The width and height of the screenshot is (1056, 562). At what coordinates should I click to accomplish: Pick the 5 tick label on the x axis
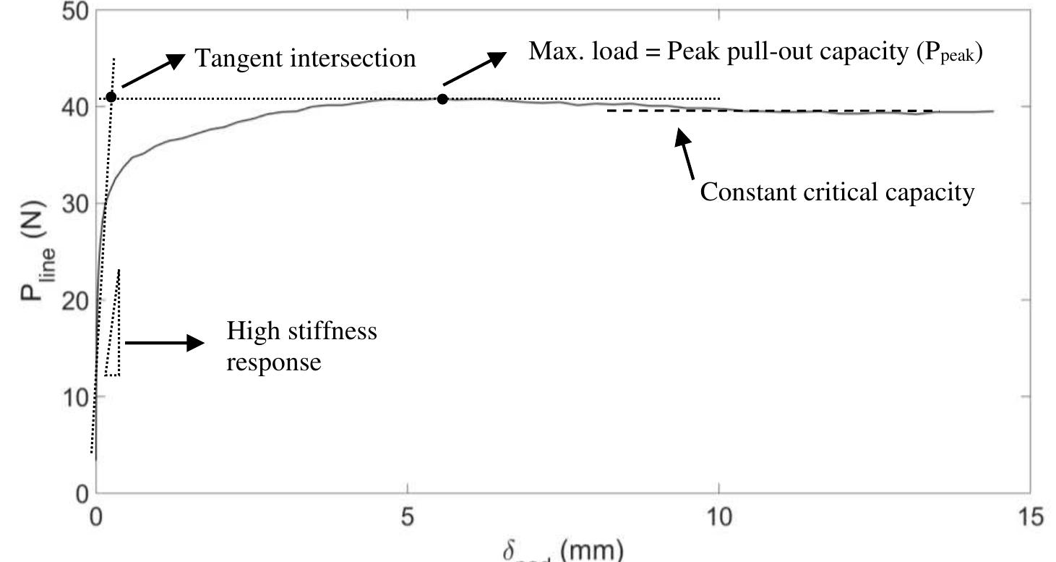(408, 516)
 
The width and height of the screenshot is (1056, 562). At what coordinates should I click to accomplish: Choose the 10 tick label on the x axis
(719, 516)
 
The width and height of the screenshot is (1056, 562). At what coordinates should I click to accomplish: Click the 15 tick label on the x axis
(1030, 516)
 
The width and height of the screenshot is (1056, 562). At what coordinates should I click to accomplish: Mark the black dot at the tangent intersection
(111, 97)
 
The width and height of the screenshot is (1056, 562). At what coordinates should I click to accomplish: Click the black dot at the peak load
(442, 98)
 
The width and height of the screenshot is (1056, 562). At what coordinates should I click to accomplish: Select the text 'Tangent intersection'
(306, 58)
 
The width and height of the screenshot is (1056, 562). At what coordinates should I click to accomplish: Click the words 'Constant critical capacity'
(837, 192)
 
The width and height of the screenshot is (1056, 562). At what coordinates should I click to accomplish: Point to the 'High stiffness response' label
(302, 346)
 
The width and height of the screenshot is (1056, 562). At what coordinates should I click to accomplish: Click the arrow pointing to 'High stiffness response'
(165, 343)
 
